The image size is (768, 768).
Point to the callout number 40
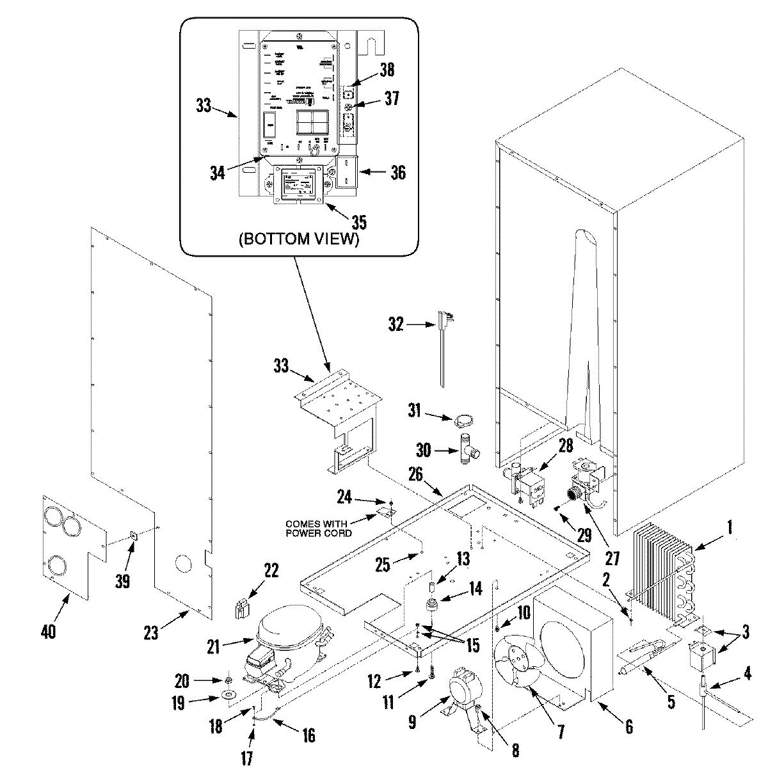(x=48, y=632)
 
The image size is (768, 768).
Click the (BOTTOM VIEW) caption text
(x=298, y=240)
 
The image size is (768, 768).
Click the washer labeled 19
(x=228, y=696)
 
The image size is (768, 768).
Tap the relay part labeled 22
(x=242, y=608)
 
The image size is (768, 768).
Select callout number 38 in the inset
(x=387, y=70)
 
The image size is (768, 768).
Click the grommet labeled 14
(x=433, y=604)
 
